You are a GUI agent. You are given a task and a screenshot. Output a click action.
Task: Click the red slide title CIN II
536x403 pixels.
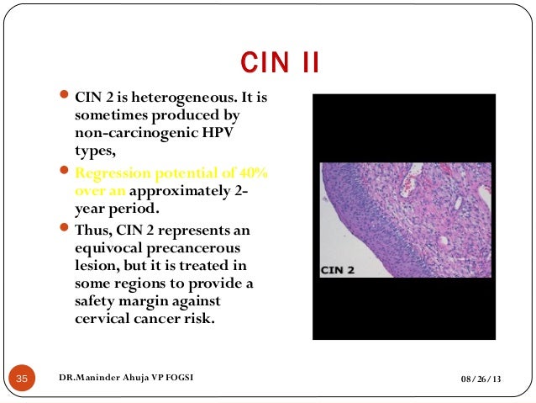click(x=280, y=62)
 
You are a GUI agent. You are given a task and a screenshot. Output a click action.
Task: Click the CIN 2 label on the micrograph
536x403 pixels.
click(x=340, y=270)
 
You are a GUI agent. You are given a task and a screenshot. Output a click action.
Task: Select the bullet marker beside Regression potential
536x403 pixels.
click(x=66, y=173)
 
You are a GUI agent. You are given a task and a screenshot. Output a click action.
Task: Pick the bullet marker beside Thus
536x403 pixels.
click(x=66, y=230)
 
